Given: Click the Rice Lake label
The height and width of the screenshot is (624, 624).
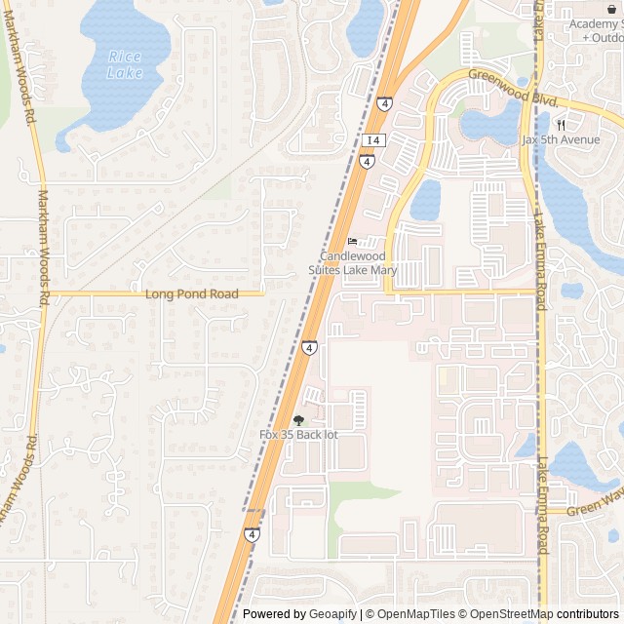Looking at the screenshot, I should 125,64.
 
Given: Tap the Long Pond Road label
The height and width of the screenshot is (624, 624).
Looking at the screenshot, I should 191,293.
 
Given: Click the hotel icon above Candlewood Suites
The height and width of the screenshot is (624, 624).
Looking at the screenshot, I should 352,242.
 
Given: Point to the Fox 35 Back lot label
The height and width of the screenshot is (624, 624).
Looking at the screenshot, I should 298,434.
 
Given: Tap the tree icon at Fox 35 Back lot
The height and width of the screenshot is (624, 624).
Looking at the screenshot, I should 298,420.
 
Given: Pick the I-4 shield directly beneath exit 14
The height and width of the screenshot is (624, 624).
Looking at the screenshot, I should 367,161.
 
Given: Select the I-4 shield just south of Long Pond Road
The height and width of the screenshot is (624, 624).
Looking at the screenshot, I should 309,347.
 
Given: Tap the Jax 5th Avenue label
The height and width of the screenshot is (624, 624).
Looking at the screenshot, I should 561,139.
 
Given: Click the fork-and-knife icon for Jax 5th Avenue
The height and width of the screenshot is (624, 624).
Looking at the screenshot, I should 562,124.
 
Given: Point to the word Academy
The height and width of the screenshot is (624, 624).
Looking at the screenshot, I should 595,24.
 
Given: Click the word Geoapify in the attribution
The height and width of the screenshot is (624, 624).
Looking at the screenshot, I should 332,614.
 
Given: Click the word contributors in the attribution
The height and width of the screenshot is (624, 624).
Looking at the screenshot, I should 588,614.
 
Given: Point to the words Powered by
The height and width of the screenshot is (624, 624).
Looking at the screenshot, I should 274,614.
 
